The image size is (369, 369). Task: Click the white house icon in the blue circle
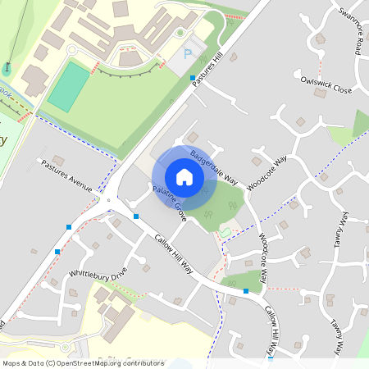(184, 177)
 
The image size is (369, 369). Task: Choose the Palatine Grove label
(168, 204)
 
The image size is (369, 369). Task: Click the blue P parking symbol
(188, 55)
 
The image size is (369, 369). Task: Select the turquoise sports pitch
(68, 87)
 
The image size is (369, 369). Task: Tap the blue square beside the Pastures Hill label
(193, 78)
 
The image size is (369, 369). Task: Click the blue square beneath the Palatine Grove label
(136, 216)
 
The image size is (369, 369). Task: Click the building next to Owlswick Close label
(319, 93)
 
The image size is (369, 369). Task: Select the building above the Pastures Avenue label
(58, 159)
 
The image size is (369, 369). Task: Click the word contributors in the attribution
(145, 363)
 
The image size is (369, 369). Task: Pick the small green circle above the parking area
(180, 33)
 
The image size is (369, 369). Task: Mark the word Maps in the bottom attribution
(12, 363)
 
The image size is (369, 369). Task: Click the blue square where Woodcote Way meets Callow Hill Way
(246, 290)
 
